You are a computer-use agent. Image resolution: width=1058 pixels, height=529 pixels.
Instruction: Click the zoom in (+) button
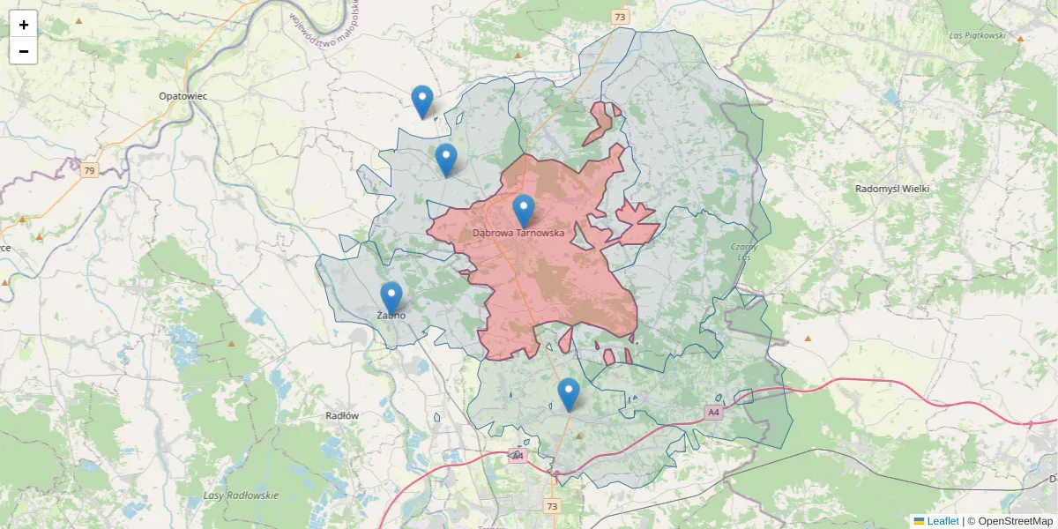tap(24, 25)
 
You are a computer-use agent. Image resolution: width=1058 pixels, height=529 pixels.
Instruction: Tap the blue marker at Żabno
tap(391, 298)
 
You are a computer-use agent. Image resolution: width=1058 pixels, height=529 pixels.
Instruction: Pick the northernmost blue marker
tap(422, 101)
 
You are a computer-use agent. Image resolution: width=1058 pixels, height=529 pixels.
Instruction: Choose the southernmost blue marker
tap(569, 394)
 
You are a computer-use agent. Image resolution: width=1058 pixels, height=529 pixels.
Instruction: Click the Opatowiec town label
tap(183, 95)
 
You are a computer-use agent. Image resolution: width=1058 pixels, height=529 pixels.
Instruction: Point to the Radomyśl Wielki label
tap(892, 189)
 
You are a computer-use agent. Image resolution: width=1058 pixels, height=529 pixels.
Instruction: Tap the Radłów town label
tap(342, 415)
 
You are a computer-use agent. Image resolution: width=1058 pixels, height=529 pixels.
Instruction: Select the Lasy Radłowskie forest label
tap(241, 495)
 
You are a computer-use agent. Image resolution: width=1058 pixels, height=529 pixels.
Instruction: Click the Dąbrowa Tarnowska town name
tap(518, 233)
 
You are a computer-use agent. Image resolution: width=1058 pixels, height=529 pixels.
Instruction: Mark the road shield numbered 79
tap(89, 170)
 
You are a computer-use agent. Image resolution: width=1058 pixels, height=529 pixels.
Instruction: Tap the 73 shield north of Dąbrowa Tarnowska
tap(621, 17)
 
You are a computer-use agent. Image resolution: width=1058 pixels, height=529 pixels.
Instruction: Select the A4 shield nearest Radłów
tap(518, 456)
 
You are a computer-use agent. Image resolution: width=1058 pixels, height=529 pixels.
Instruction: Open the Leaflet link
tap(942, 521)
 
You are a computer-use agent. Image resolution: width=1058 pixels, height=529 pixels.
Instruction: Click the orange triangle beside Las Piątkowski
tap(1020, 39)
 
